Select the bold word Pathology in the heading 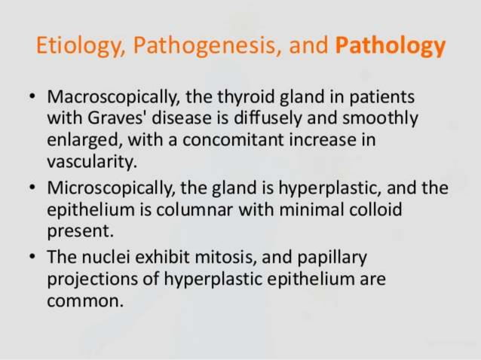(390, 47)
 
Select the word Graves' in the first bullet (112, 119)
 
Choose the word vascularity (90, 161)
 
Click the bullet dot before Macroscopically (30, 99)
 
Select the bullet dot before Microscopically (30, 188)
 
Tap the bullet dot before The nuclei (30, 258)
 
